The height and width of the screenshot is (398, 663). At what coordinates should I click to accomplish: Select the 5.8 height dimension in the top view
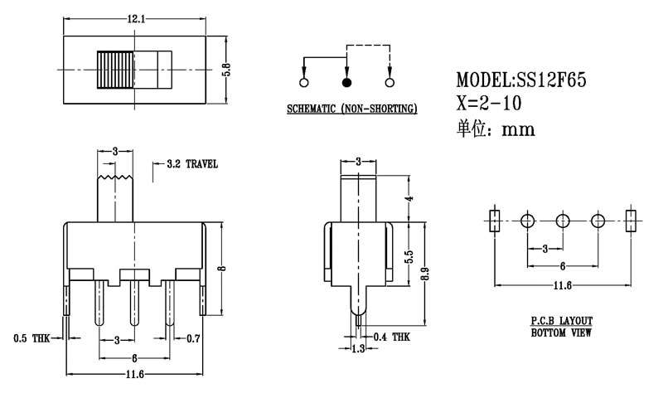tap(225, 71)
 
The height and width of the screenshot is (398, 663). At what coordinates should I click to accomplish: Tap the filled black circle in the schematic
tap(346, 82)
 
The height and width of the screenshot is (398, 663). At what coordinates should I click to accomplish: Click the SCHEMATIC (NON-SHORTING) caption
tap(351, 109)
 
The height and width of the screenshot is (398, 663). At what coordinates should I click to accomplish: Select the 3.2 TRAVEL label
tap(192, 164)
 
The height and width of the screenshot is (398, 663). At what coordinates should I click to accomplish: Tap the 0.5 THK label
tap(30, 338)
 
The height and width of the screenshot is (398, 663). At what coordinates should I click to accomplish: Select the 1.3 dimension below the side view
tap(358, 350)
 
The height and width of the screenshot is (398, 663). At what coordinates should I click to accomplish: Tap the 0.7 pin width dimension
tap(193, 338)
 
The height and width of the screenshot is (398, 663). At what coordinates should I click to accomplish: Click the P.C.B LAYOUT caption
tap(562, 320)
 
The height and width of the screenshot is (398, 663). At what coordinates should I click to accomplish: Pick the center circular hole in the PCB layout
tap(563, 221)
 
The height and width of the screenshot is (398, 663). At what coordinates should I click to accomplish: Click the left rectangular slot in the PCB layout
tap(494, 221)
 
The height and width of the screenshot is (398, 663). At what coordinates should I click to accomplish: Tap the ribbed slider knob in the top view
tap(115, 71)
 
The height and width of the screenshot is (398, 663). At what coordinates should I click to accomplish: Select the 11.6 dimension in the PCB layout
tap(562, 286)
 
